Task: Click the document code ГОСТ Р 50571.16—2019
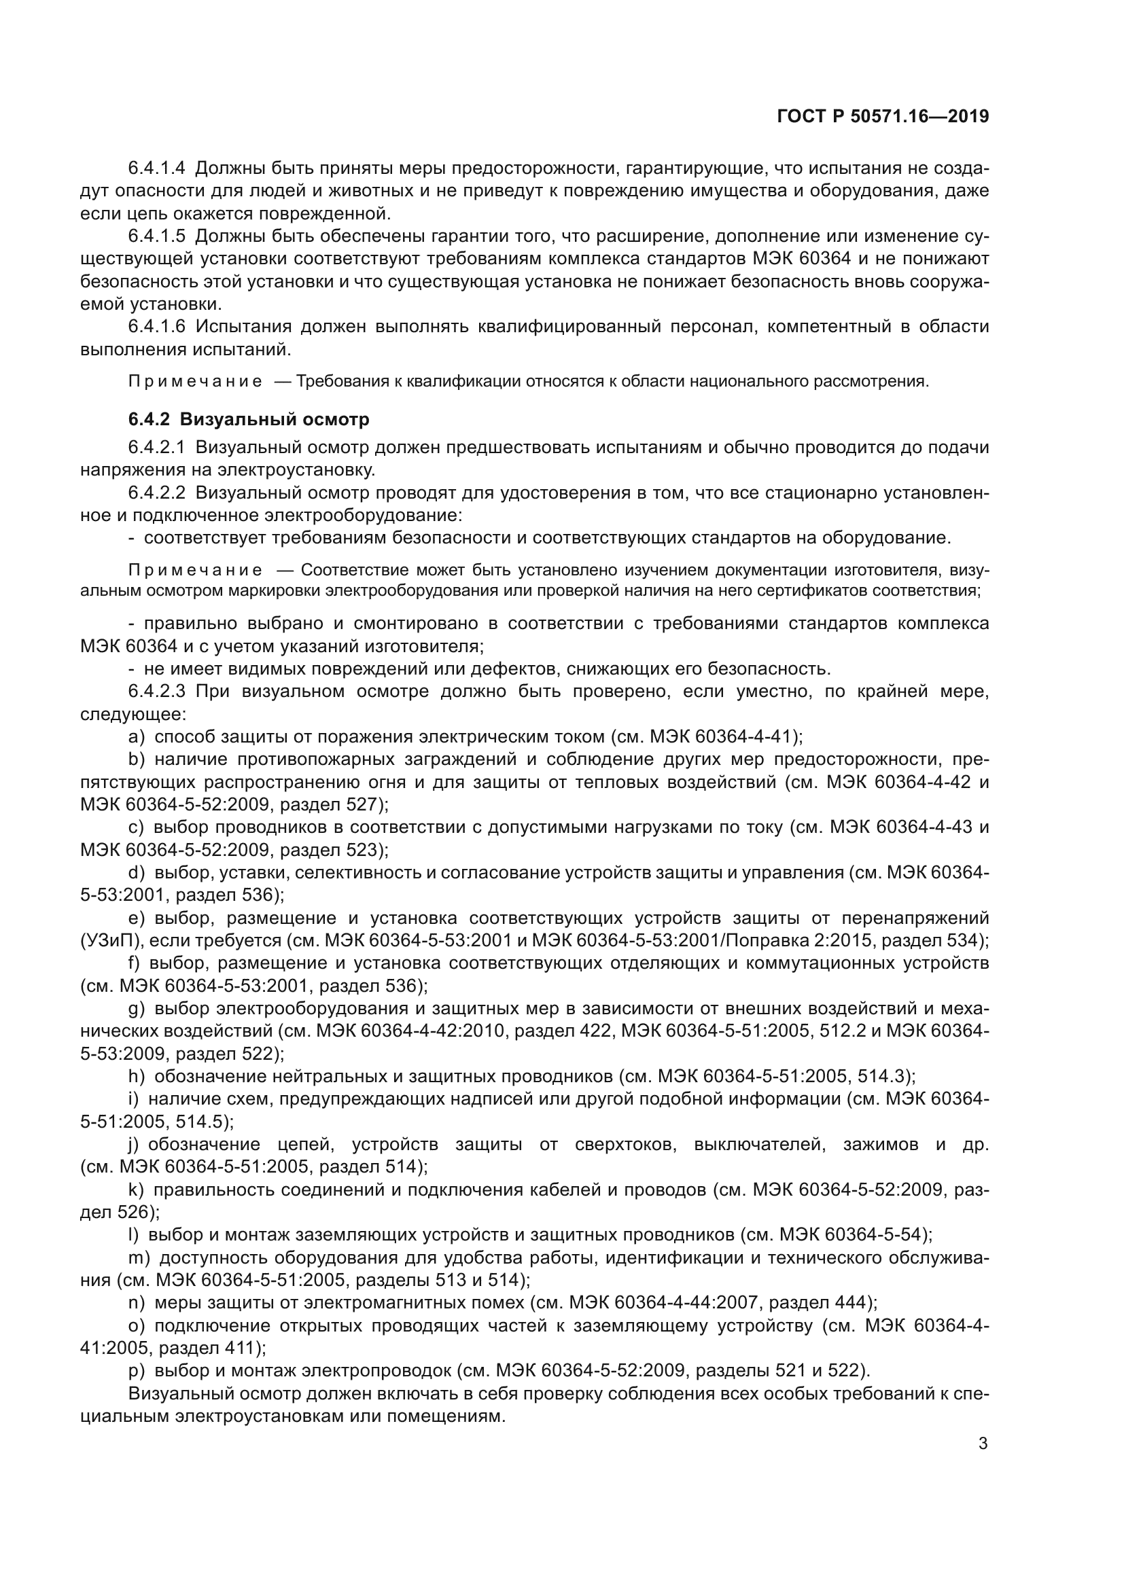883,116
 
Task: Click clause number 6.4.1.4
157,168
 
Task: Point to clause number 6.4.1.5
157,236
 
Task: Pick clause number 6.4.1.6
157,326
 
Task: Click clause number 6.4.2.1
157,447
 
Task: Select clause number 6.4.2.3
157,691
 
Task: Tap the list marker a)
137,736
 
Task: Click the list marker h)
137,1075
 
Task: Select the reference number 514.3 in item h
883,1075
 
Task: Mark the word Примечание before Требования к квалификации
195,381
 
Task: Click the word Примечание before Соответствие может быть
195,570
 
